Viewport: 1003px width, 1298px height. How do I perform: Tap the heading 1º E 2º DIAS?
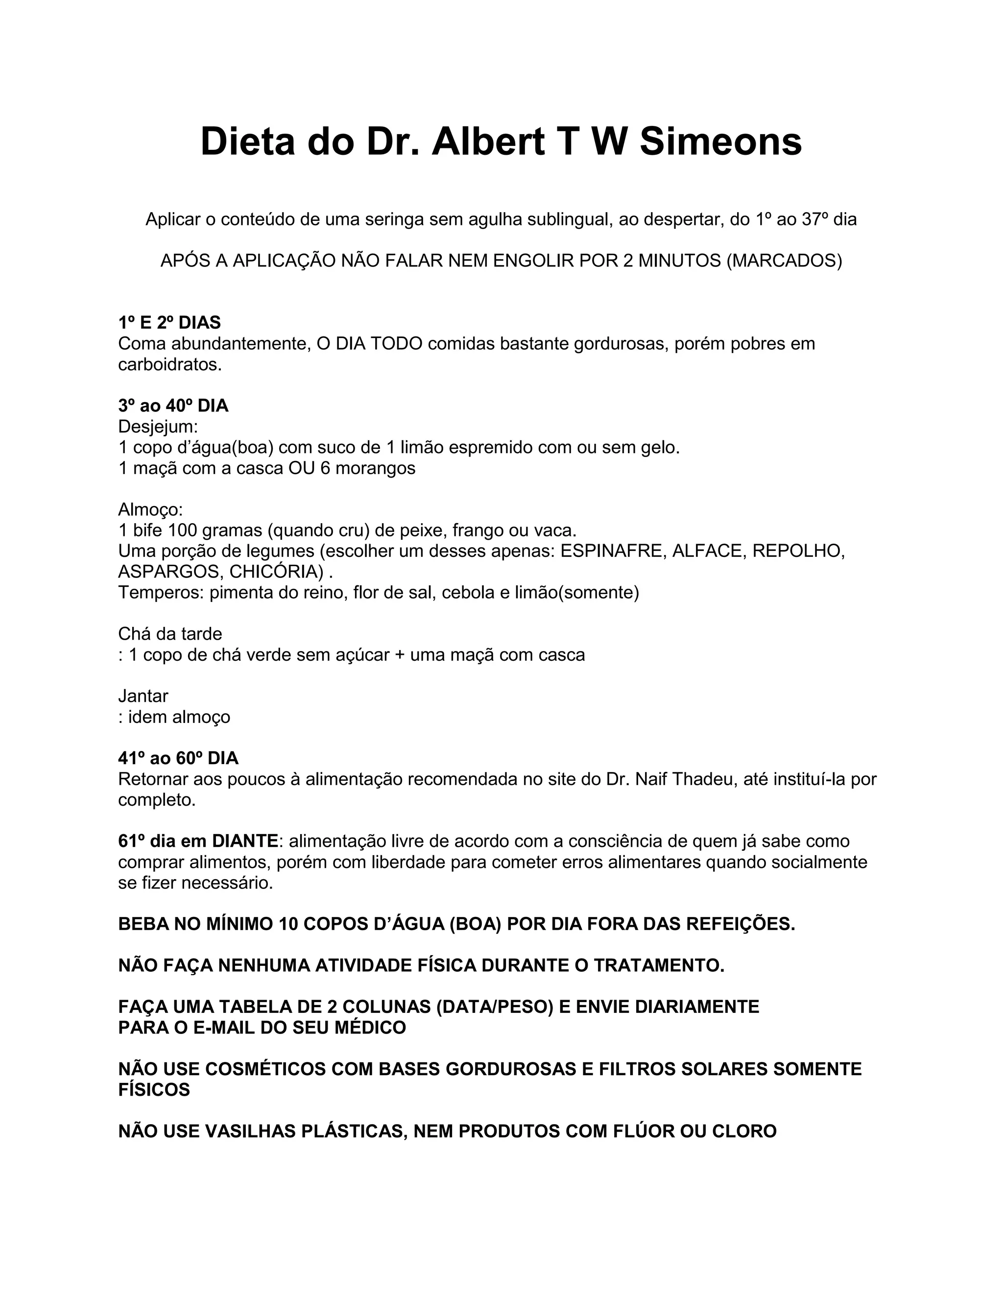(x=169, y=323)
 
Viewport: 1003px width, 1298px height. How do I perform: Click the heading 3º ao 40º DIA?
(x=173, y=406)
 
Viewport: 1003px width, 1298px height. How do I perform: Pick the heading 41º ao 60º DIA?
(x=178, y=758)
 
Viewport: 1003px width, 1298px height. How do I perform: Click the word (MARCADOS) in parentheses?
(x=785, y=261)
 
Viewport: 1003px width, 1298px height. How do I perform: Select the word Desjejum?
(x=158, y=427)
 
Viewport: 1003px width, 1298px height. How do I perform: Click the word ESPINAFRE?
(x=611, y=551)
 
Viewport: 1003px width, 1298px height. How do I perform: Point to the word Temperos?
(x=161, y=593)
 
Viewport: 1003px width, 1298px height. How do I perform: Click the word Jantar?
(x=143, y=696)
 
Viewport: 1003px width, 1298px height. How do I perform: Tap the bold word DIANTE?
(x=245, y=841)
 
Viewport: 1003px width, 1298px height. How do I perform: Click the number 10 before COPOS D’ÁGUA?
(x=287, y=924)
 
